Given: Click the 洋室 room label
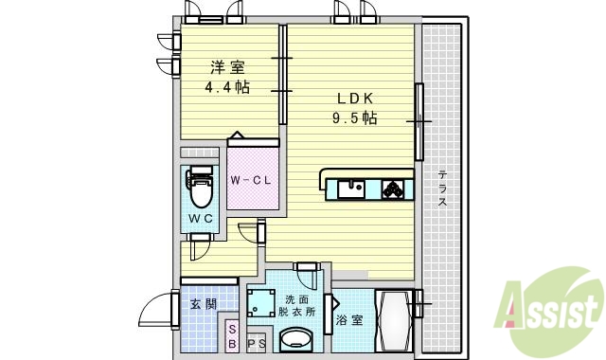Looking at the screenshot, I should point(228,67).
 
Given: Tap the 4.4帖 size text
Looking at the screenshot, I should point(227,87).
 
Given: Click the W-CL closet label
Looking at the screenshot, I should point(252,180).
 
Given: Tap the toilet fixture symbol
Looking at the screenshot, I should point(200,188).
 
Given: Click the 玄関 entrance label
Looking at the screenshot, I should point(203,304).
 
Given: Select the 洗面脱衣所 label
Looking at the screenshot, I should point(297,306).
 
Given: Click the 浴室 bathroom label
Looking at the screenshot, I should point(349,319).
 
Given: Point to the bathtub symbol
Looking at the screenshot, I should point(393,322).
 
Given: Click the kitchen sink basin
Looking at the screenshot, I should point(352,188).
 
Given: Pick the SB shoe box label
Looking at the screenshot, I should point(233,337).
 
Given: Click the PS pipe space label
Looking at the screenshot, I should point(256,344).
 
